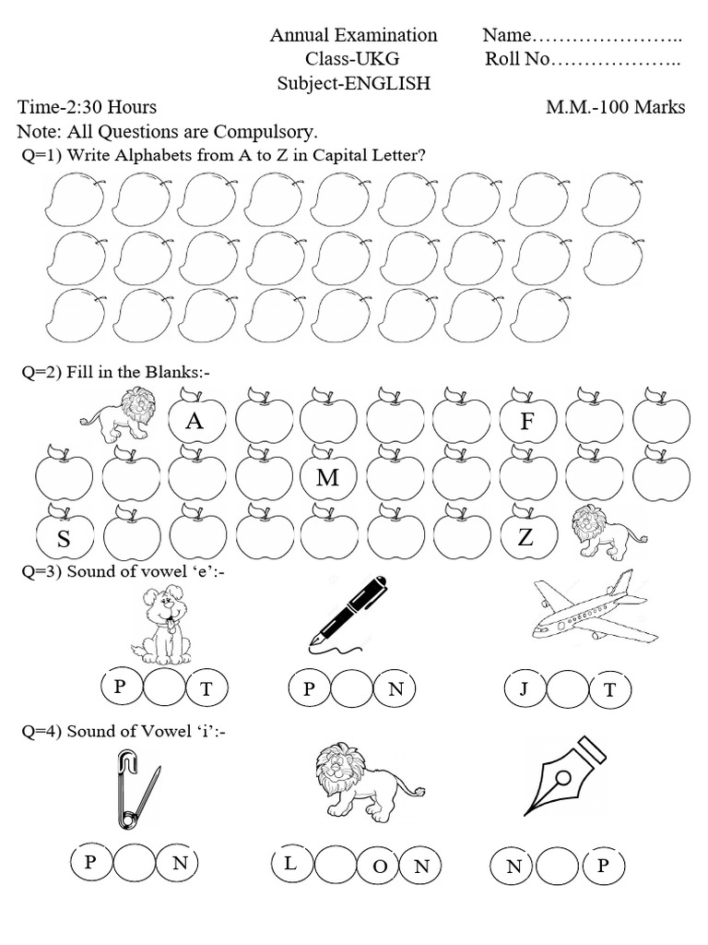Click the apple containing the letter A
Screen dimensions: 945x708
click(x=195, y=422)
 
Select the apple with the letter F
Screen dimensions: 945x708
click(x=527, y=422)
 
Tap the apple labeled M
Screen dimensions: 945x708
click(x=328, y=478)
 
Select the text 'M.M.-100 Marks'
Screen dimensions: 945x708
click(x=615, y=107)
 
